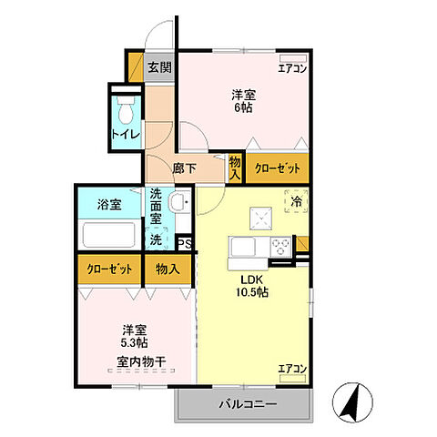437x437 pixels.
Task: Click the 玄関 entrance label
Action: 159,66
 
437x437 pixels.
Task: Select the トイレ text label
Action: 126,135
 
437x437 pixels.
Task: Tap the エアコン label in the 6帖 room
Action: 292,66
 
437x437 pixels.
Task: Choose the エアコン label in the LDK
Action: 292,369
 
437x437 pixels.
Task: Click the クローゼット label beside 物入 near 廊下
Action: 273,168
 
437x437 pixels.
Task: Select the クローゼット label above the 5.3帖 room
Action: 108,269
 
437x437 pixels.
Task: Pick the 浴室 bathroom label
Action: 109,205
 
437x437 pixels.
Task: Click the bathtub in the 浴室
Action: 109,234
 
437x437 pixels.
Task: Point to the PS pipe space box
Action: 184,243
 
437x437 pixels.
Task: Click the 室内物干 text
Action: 141,361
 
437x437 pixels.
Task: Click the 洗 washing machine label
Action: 157,239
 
